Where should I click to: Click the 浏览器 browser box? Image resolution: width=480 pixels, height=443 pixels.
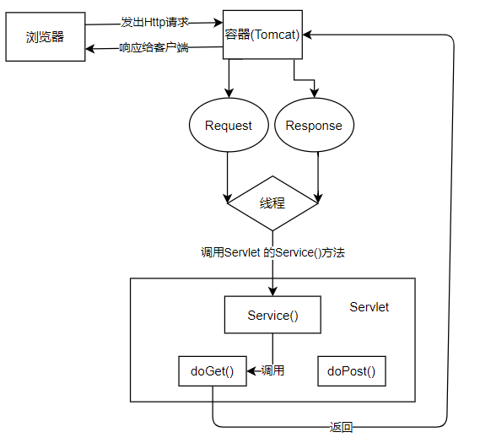[x=46, y=37]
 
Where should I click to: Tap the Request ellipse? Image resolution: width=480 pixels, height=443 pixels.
[x=229, y=126]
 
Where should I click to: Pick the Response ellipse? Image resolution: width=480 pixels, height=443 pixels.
[x=314, y=126]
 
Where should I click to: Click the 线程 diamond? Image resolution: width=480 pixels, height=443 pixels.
[x=272, y=203]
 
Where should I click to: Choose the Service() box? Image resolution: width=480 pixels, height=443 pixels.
[x=272, y=316]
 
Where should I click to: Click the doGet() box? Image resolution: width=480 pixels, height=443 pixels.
[x=212, y=371]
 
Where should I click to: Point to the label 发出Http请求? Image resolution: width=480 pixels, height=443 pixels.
[x=154, y=22]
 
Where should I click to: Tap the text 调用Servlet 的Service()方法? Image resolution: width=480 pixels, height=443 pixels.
[x=272, y=252]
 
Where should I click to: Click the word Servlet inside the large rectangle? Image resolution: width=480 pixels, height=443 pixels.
[x=369, y=307]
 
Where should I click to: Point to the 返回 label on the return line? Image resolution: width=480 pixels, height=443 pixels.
[x=341, y=428]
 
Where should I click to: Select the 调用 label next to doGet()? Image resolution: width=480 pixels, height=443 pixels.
[x=272, y=370]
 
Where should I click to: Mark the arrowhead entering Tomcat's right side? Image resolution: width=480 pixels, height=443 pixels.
[x=307, y=35]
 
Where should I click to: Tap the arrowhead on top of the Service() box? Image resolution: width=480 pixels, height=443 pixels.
[x=272, y=291]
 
